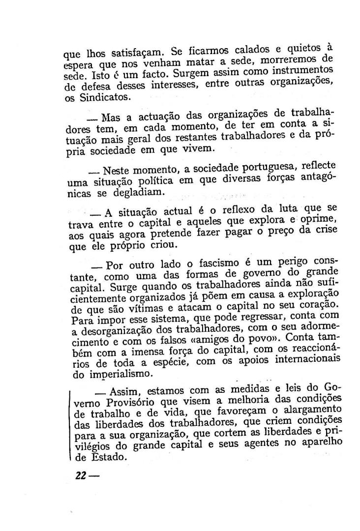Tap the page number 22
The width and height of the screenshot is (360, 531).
pyautogui.click(x=81, y=475)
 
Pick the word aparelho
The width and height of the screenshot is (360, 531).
pyautogui.click(x=320, y=442)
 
